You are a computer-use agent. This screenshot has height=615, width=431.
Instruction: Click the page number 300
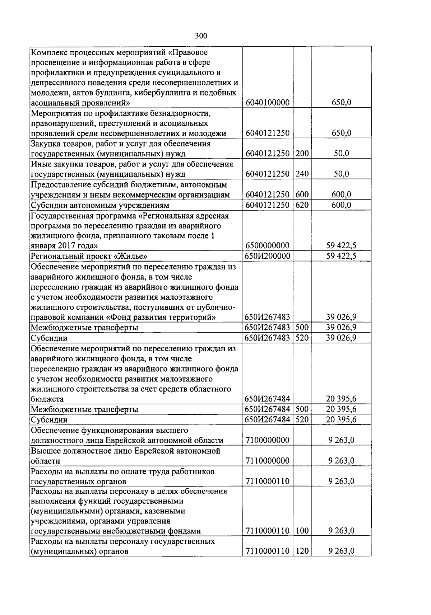click(201, 36)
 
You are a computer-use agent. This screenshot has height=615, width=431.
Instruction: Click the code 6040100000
click(268, 103)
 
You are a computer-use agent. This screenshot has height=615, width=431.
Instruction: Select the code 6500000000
click(268, 246)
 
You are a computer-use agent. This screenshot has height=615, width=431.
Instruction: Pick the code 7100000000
click(268, 440)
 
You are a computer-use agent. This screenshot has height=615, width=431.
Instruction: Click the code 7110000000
click(268, 461)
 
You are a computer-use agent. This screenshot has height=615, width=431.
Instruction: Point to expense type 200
click(302, 154)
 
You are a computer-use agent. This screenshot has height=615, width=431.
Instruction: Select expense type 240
click(302, 174)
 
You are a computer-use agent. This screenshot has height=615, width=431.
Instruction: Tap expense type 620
click(302, 205)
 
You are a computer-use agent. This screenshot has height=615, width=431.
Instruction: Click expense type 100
click(302, 531)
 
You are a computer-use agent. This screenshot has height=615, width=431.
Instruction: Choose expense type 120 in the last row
click(302, 551)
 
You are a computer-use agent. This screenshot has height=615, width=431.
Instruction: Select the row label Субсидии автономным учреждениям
click(100, 206)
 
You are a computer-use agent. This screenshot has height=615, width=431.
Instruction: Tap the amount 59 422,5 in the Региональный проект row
click(341, 256)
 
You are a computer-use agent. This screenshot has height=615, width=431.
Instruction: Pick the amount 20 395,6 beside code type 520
click(341, 419)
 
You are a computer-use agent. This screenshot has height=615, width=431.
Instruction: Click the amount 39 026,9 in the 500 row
click(341, 327)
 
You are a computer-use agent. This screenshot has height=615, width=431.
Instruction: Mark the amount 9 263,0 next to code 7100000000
click(341, 440)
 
